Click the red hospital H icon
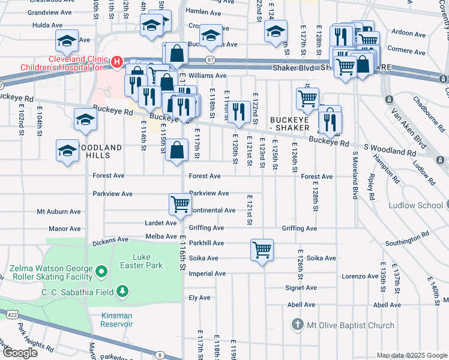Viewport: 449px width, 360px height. (x=116, y=62)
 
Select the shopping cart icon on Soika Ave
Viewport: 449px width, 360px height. (x=262, y=249)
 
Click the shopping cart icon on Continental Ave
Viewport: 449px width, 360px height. (x=180, y=204)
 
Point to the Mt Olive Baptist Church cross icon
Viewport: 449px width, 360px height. (x=297, y=326)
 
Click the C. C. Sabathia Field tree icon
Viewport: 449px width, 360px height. (x=122, y=292)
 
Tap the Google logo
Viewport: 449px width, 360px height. (x=20, y=353)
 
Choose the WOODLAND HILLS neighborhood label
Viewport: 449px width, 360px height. (x=89, y=151)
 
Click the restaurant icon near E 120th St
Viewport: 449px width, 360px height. (x=239, y=111)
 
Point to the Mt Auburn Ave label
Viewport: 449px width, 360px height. (x=58, y=212)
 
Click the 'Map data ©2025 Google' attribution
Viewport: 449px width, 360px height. (x=412, y=355)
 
